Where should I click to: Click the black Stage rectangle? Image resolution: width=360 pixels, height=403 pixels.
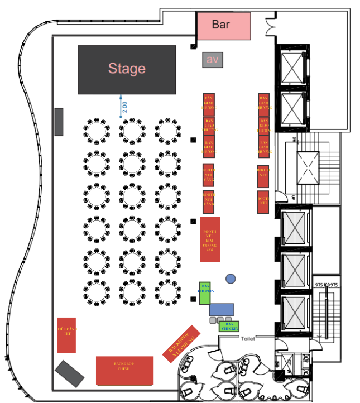click(127, 69)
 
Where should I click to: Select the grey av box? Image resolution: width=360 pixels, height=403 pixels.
click(212, 60)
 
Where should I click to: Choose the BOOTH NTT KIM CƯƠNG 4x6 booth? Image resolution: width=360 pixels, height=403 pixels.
click(210, 239)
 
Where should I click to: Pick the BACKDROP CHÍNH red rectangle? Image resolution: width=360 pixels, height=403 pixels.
click(124, 371)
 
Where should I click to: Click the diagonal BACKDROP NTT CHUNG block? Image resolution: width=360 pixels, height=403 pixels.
click(181, 343)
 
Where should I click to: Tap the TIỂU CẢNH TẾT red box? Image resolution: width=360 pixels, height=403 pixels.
click(66, 335)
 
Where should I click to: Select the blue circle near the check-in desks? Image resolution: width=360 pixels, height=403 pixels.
click(231, 278)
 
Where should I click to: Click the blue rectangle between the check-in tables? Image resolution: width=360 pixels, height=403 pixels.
click(222, 309)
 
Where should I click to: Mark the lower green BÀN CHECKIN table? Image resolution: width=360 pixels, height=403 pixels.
click(229, 327)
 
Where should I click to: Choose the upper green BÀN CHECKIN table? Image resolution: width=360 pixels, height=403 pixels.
click(204, 293)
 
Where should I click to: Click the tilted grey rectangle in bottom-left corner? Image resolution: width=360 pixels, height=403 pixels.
click(70, 373)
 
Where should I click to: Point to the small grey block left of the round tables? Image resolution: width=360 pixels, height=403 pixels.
click(59, 122)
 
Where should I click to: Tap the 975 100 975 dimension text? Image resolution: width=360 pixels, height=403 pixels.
click(327, 285)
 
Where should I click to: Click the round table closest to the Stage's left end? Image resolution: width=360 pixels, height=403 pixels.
click(96, 131)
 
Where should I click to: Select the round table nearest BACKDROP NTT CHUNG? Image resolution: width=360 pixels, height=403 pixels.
click(167, 292)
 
